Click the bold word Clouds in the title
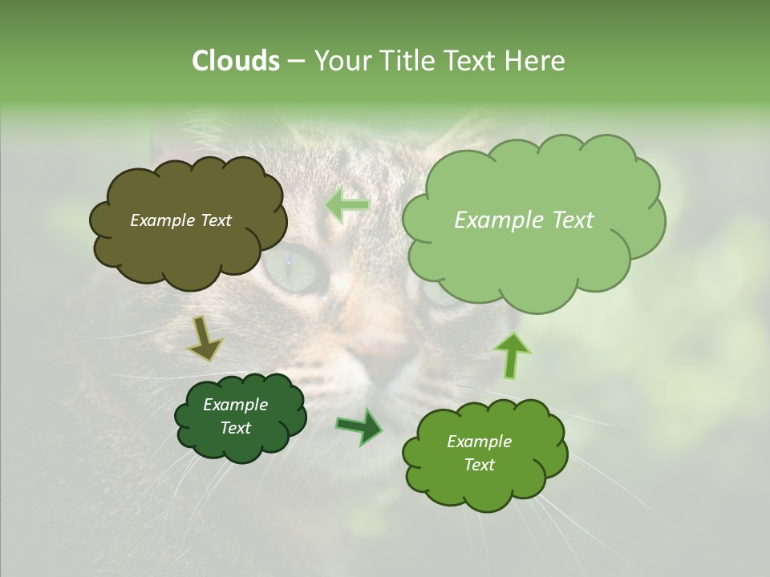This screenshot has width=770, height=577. coord(235,61)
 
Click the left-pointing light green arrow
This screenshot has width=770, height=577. coord(347,204)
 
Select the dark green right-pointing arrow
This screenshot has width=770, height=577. coord(360,426)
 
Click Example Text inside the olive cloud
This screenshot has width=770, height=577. coord(180,220)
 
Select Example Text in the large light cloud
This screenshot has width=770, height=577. coord(524,220)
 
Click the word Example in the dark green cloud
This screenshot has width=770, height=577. coord(235,405)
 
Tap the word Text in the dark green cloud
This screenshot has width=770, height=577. coord(235,428)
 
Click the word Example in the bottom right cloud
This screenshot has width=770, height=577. coord(479,442)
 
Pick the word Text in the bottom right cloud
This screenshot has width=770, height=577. coord(479,465)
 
